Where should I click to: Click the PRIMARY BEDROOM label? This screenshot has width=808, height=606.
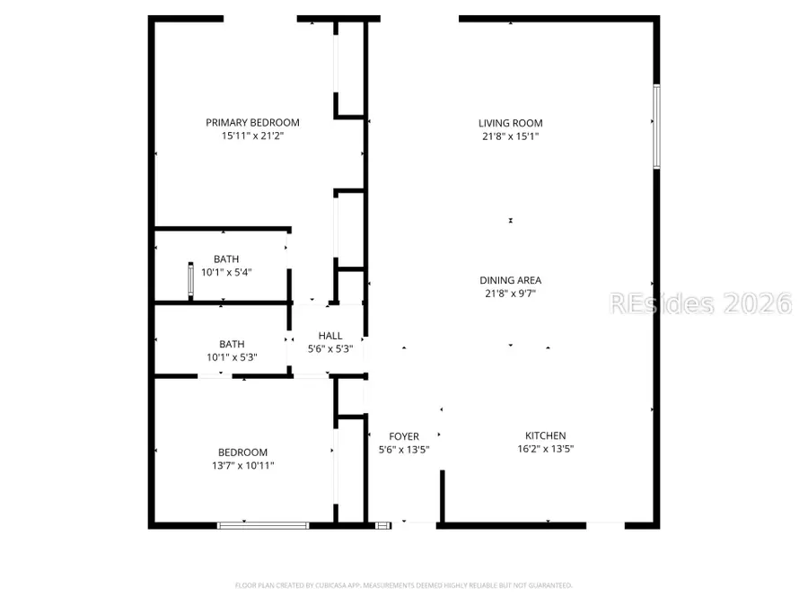click(x=252, y=123)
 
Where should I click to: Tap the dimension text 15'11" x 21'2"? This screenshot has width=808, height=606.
click(x=252, y=136)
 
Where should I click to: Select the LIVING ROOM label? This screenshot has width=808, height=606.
click(x=510, y=123)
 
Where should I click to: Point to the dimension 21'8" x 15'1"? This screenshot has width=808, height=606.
click(x=510, y=136)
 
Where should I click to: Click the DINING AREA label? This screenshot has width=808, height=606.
click(x=510, y=280)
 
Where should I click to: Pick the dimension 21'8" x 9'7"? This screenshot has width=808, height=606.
click(x=510, y=294)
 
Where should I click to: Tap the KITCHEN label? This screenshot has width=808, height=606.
click(x=546, y=435)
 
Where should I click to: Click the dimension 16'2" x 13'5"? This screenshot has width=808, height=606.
click(x=546, y=449)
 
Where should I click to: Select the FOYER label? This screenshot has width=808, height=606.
click(x=404, y=436)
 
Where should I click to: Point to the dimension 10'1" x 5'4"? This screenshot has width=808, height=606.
click(x=226, y=273)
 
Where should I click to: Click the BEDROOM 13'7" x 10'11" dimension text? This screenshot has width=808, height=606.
click(x=242, y=466)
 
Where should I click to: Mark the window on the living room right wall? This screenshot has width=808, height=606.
click(x=656, y=126)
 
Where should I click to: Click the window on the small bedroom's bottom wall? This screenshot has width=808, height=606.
click(x=263, y=524)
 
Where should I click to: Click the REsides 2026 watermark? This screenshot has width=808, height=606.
click(x=700, y=303)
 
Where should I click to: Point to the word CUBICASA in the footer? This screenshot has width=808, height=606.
click(x=324, y=585)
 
